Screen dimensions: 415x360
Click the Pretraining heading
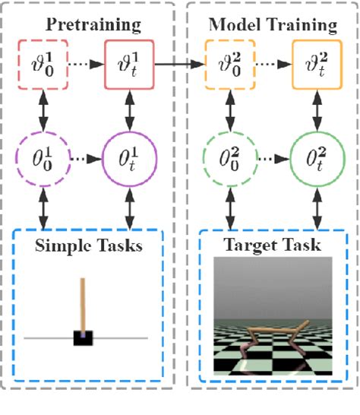tap(93, 25)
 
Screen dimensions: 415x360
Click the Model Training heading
tap(272, 25)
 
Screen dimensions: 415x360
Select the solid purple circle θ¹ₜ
tap(131, 161)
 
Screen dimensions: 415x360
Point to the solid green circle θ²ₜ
tap(313, 161)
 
